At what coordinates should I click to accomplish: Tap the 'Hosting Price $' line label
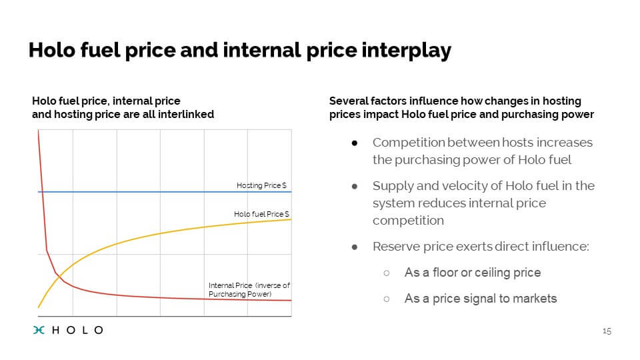coord(261,185)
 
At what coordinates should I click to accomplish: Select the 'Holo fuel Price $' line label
coord(261,214)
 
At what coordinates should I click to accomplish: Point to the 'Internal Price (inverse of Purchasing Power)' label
coord(249,290)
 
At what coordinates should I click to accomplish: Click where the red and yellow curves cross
coord(59,277)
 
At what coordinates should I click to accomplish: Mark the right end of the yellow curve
coord(291,219)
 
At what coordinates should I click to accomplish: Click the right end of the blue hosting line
coord(291,191)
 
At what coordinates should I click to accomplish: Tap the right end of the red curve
coord(291,301)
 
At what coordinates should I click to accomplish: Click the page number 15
coord(607,331)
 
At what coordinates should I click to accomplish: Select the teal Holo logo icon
coord(39,330)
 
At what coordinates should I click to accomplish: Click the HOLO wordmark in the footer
coord(77,330)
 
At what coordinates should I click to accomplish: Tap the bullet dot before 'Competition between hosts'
coord(354,143)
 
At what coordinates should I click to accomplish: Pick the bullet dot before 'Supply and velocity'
coord(354,187)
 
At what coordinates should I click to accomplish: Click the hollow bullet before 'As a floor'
coord(387,273)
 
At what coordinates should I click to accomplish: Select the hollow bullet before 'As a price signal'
coord(387,299)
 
